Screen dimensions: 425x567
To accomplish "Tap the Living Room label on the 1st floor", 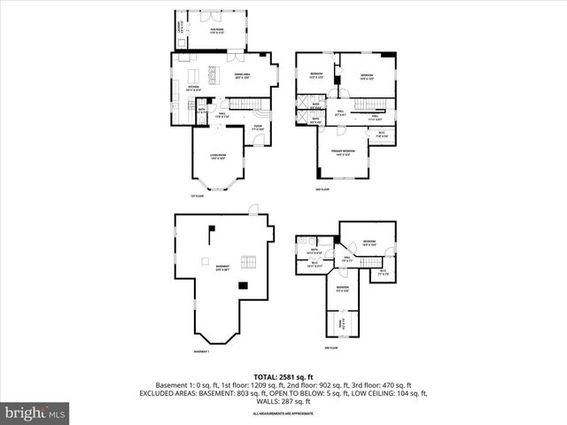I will pyautogui.click(x=219, y=157).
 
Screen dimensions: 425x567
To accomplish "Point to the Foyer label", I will pyautogui.click(x=257, y=127).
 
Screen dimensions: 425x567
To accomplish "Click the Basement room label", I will pyautogui.click(x=221, y=267).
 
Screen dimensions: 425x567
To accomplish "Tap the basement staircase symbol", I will pyautogui.click(x=250, y=262).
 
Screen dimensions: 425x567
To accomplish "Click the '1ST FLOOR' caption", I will pyautogui.click(x=197, y=196).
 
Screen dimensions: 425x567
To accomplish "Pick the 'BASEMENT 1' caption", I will pyautogui.click(x=202, y=352).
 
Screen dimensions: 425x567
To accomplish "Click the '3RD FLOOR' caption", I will pyautogui.click(x=331, y=348).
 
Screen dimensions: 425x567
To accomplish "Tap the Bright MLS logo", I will pyautogui.click(x=35, y=413).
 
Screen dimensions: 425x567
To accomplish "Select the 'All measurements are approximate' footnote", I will pyautogui.click(x=283, y=413).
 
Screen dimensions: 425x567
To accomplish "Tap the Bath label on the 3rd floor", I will pyautogui.click(x=315, y=251).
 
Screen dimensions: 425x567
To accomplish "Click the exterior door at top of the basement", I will pyautogui.click(x=253, y=209).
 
